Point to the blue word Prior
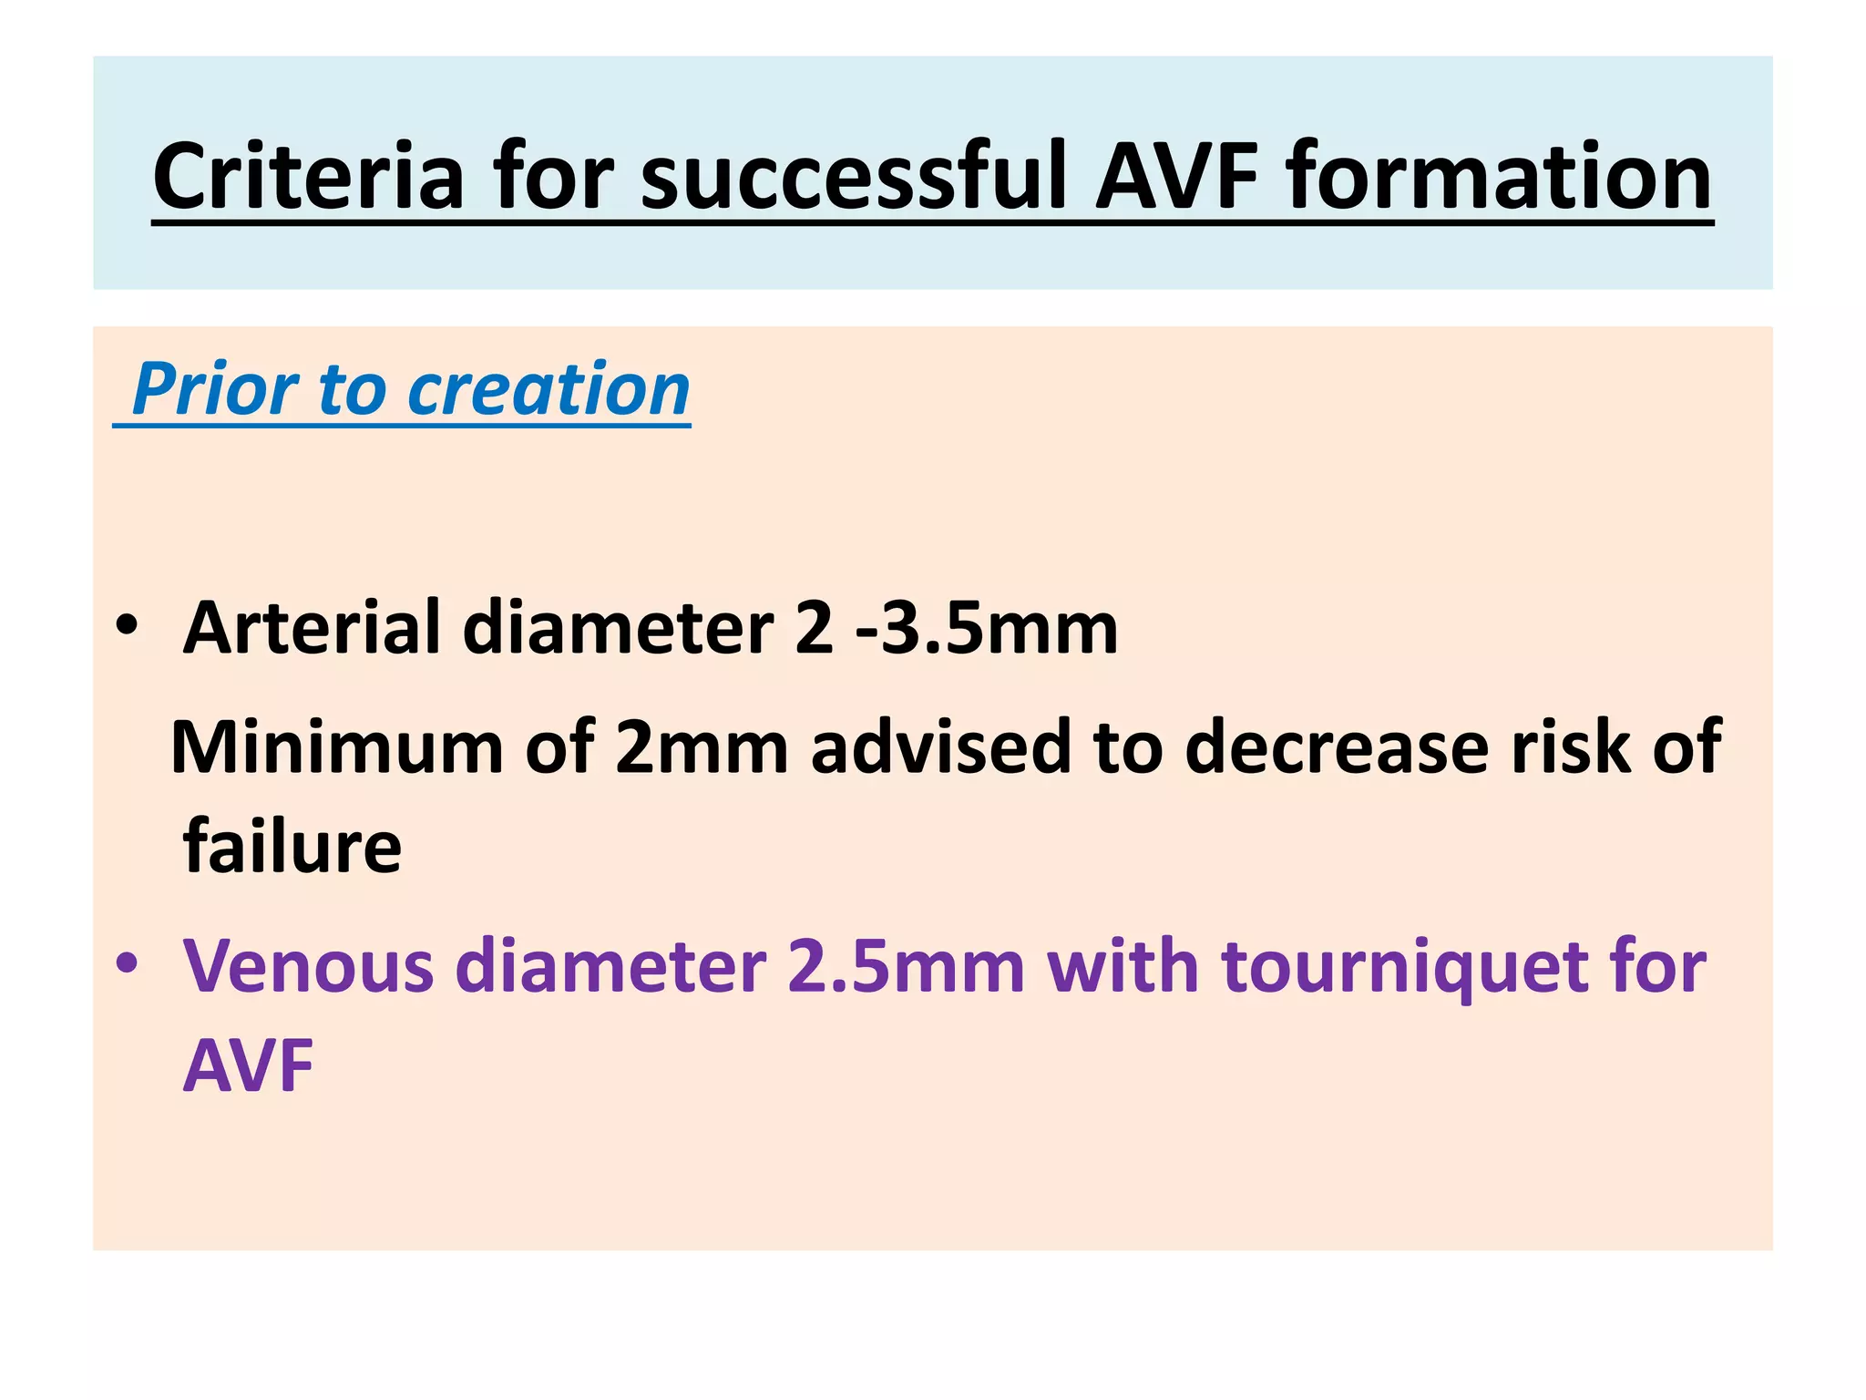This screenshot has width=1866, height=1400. click(x=215, y=389)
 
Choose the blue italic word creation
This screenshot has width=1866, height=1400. click(x=549, y=389)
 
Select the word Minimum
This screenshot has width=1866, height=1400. click(x=336, y=747)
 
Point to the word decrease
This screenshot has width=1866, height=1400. click(x=1336, y=747)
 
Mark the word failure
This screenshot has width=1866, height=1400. click(x=292, y=846)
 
